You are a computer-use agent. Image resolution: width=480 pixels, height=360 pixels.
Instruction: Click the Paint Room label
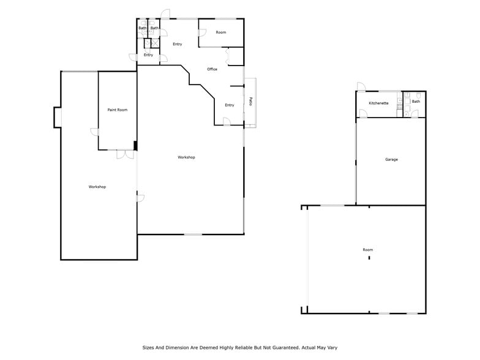point(118,110)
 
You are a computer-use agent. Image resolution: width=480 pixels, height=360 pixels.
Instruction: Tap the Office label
point(212,69)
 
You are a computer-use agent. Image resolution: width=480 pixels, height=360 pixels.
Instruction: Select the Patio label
point(251,102)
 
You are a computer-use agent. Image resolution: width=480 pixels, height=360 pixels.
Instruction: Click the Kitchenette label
point(378,103)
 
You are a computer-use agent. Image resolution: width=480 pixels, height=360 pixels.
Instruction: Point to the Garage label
point(391,160)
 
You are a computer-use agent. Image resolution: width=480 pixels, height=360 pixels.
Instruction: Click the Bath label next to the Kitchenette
point(416,102)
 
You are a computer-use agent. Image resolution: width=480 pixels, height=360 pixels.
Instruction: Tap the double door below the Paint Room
point(126,154)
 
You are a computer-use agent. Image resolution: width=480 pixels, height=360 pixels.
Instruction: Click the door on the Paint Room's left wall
point(95,132)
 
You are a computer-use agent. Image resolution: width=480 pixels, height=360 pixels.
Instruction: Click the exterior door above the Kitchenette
point(361,87)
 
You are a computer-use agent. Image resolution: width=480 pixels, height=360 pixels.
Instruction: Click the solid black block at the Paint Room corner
point(135,146)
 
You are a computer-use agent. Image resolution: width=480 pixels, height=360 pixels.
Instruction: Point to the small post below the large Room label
point(369,258)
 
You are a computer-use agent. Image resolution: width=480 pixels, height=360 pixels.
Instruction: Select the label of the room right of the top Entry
point(221,32)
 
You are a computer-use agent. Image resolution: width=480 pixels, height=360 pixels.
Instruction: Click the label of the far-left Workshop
point(97,187)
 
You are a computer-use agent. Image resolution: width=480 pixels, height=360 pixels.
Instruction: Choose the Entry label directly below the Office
point(229,105)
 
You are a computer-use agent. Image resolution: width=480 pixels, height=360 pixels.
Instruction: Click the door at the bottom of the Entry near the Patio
point(227,122)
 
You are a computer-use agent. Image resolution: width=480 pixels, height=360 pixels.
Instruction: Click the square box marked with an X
point(156,43)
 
